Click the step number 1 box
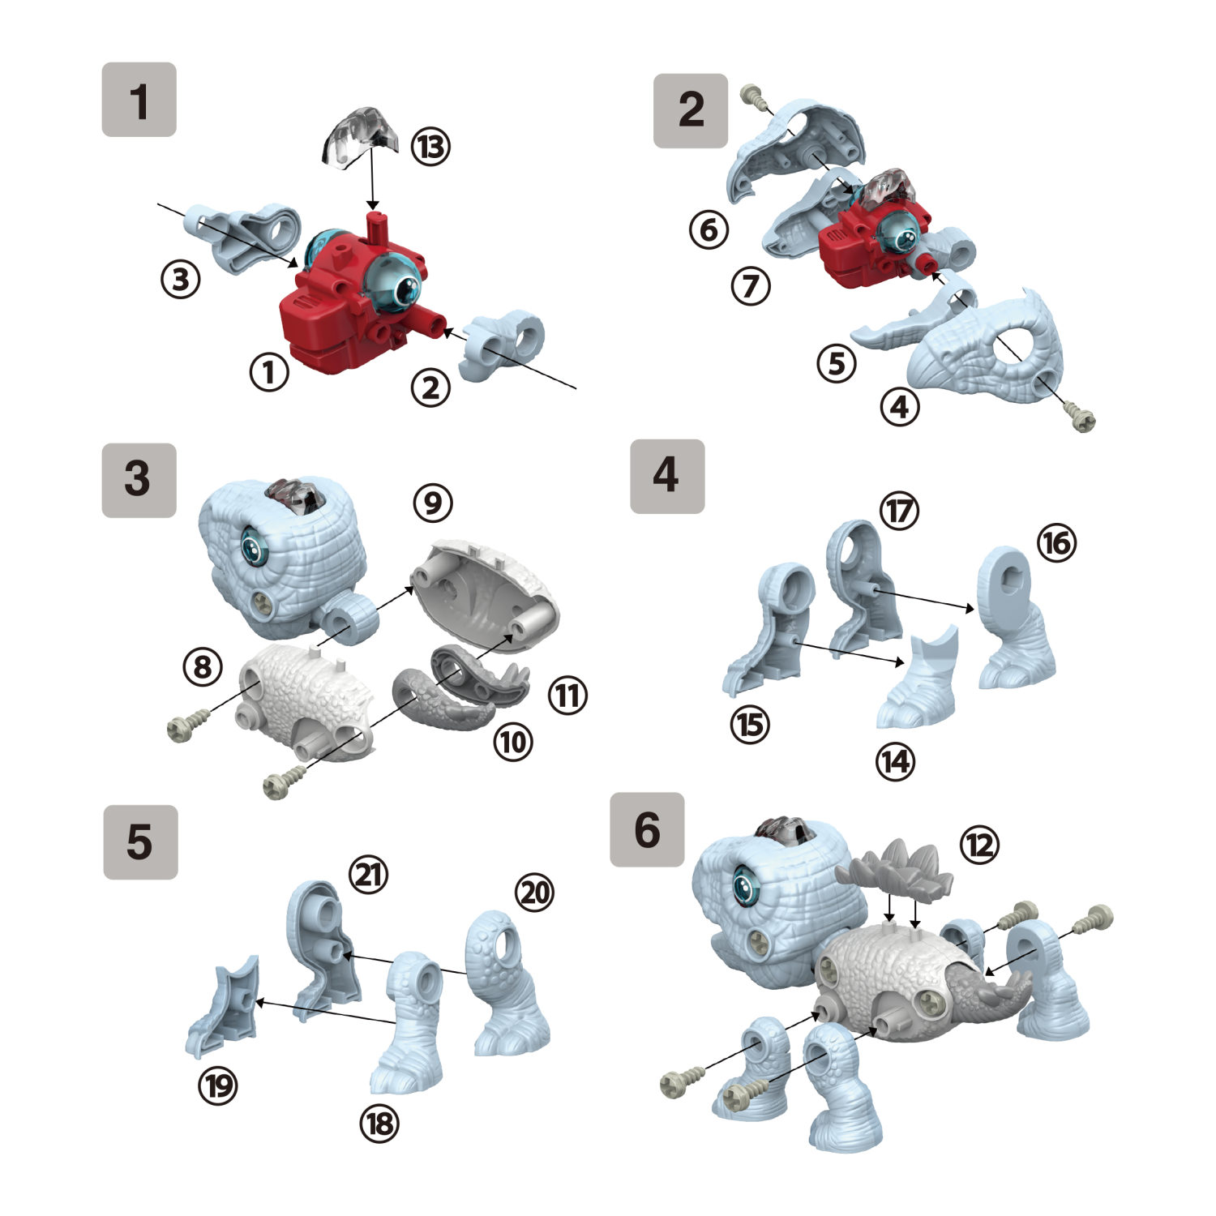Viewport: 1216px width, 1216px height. [139, 100]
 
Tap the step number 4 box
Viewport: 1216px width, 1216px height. [667, 476]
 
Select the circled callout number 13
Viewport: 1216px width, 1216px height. [430, 147]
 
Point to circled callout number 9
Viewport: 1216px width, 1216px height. [433, 503]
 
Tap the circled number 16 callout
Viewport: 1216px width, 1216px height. [1057, 542]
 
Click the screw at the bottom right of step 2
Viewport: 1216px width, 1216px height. [1081, 419]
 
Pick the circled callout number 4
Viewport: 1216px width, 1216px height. [900, 406]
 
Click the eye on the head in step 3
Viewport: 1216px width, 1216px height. [255, 549]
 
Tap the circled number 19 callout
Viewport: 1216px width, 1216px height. [218, 1085]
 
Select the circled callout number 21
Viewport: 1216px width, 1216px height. [369, 875]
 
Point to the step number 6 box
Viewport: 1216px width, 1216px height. [647, 829]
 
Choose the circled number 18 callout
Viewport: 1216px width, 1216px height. [379, 1124]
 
